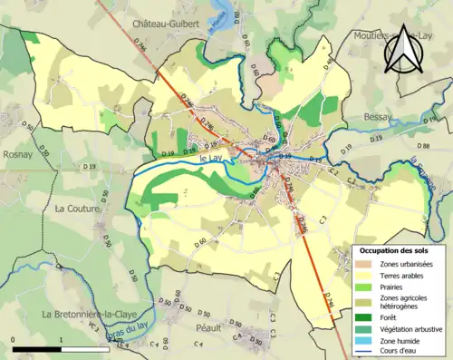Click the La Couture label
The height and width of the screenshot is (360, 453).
click(76, 208)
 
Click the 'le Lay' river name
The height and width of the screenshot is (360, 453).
click(210, 160)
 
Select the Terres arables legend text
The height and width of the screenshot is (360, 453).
click(404, 275)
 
